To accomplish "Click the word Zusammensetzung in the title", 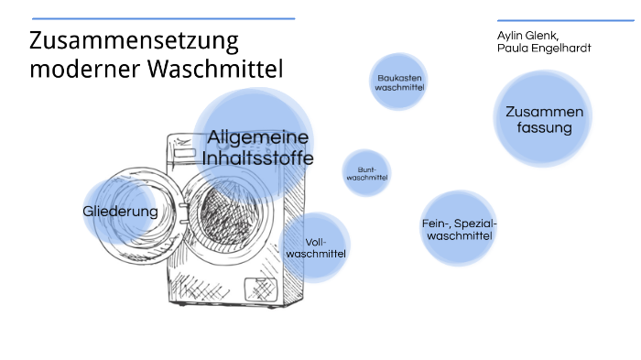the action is [134, 42].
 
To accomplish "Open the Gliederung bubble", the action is [120, 212].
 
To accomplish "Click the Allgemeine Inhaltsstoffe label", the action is [258, 147].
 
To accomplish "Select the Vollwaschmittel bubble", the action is [315, 246].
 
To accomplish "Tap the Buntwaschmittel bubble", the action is [367, 174].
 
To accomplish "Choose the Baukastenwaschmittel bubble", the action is [399, 82].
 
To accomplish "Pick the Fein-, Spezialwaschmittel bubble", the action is [459, 230].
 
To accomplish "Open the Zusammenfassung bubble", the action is [543, 119].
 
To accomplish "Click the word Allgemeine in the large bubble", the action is [258, 137].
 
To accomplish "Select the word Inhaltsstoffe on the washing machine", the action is [258, 158].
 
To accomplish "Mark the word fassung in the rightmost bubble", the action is [543, 128].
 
